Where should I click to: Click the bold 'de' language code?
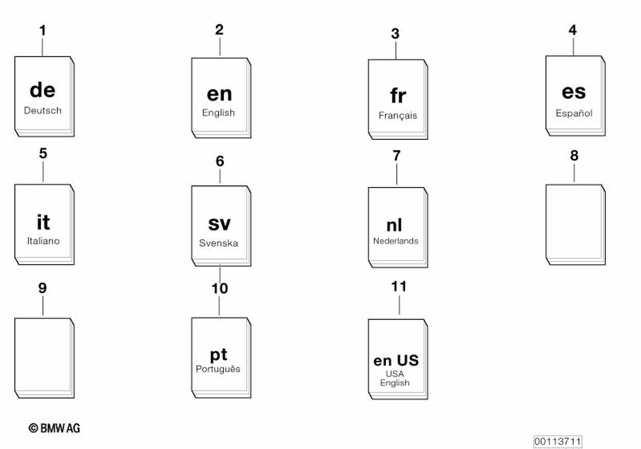pos(42,90)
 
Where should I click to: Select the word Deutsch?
pos(43,110)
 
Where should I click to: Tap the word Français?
pos(397,115)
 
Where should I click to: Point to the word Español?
pos(574,113)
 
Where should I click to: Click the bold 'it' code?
pos(43,222)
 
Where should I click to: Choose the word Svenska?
pos(219,243)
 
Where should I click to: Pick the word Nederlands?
pos(395,241)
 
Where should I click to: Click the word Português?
pos(218,369)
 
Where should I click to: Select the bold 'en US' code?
pos(396,360)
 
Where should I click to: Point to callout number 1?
pos(42,30)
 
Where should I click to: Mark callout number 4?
pos(572,30)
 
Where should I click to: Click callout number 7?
pos(396,155)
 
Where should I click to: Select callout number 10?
pos(219,289)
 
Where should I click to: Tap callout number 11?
pos(399,286)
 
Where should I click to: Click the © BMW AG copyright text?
pos(54,428)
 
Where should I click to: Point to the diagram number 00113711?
pos(557,441)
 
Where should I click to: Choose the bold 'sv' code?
pos(219,224)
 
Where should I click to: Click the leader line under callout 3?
pos(395,50)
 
